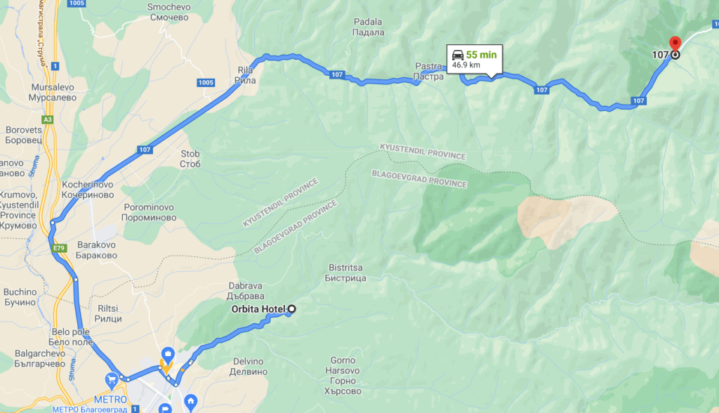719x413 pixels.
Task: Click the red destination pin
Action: click(x=675, y=44)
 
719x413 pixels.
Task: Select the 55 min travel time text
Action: click(x=481, y=55)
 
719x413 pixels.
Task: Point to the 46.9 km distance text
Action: click(x=466, y=65)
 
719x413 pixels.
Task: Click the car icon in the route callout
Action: click(x=457, y=54)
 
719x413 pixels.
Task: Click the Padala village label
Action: click(x=369, y=27)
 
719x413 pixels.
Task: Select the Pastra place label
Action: click(x=428, y=71)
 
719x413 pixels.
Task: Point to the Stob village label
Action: click(x=190, y=159)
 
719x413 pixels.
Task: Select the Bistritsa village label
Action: click(x=345, y=273)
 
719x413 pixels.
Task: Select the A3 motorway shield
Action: click(x=48, y=120)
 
